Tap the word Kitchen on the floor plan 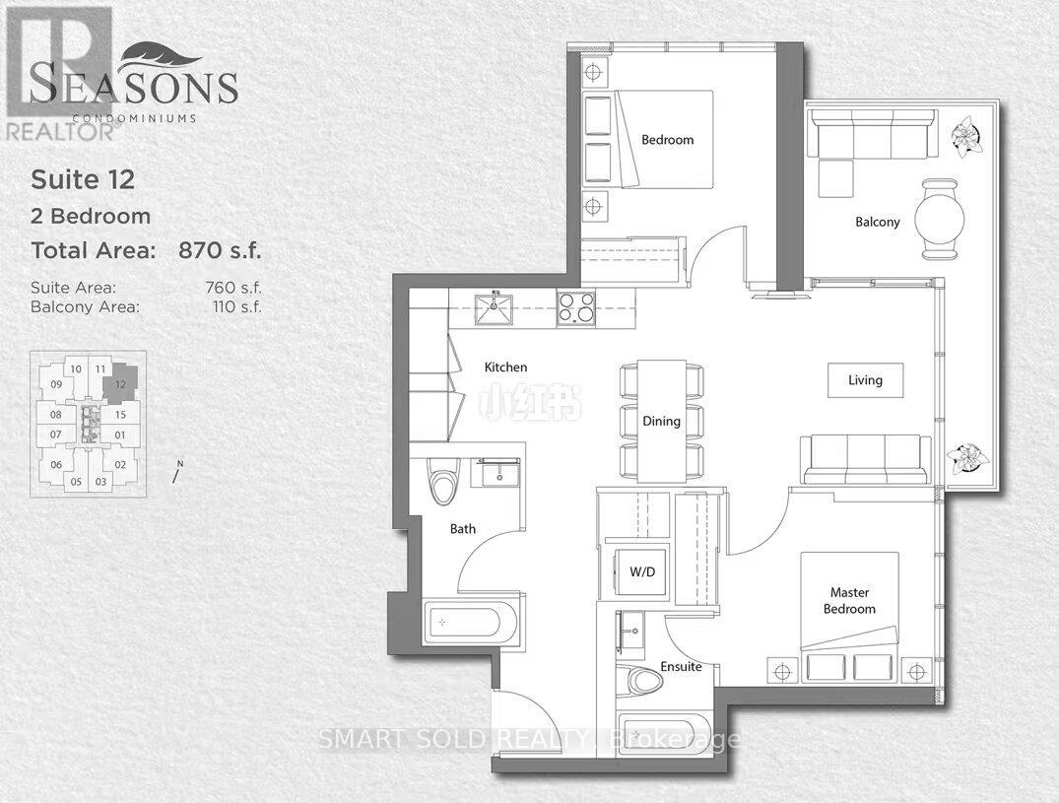pyautogui.click(x=505, y=368)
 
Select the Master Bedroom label pyautogui.click(x=848, y=601)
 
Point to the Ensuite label pyautogui.click(x=681, y=667)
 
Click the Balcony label pyautogui.click(x=877, y=222)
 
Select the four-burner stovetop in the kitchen pyautogui.click(x=576, y=308)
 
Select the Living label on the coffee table pyautogui.click(x=865, y=380)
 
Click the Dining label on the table pyautogui.click(x=662, y=422)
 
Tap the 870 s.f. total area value pyautogui.click(x=219, y=250)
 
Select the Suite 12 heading pyautogui.click(x=83, y=179)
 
